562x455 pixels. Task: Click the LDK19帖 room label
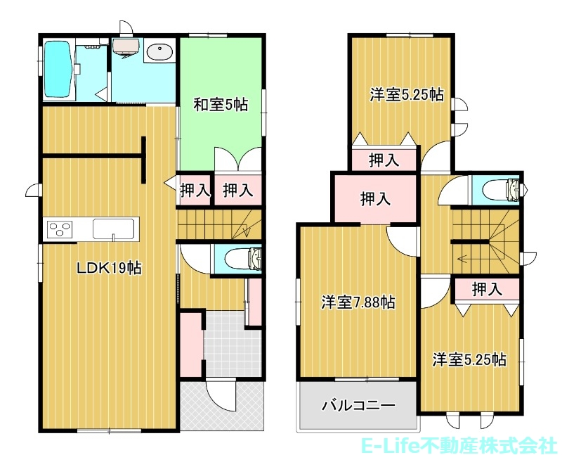(x=110, y=268)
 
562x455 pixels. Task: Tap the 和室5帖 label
(x=221, y=105)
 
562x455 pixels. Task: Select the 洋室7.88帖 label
(x=358, y=302)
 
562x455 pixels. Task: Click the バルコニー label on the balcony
(x=358, y=406)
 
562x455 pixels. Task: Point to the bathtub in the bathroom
(x=58, y=69)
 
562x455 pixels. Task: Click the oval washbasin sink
(x=159, y=53)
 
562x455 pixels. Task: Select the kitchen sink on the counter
(x=113, y=229)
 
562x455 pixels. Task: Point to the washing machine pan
(x=126, y=47)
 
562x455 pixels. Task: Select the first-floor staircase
(x=219, y=224)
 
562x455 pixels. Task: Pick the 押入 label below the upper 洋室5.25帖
(x=384, y=160)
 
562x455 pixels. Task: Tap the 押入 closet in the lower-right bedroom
(x=487, y=288)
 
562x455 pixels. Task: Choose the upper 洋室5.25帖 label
(x=407, y=95)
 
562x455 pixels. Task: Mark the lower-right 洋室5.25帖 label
(x=469, y=359)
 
